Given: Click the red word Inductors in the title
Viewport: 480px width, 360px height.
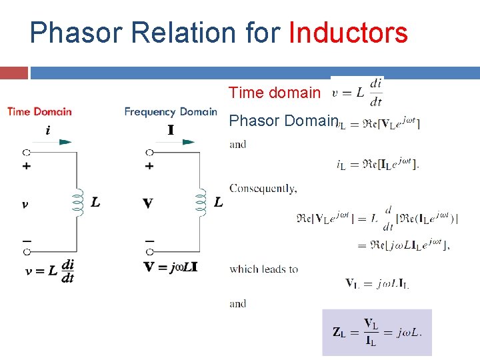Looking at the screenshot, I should point(347,32).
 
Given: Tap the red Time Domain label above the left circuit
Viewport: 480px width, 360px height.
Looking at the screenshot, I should point(39,111).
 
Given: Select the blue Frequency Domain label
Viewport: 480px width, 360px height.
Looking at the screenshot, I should point(171,111).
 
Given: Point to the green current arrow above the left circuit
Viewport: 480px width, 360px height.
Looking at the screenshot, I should point(65,141).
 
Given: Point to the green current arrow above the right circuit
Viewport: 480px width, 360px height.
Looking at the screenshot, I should point(189,141).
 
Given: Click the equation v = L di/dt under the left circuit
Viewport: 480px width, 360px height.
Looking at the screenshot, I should point(50,271).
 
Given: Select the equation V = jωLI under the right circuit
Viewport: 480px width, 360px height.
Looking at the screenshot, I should point(171,267).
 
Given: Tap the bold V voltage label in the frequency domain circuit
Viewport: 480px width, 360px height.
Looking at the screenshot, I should point(147,203).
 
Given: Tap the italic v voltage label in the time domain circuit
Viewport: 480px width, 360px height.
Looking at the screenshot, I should point(25,204).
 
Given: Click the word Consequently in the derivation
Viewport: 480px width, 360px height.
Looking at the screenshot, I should point(263,189).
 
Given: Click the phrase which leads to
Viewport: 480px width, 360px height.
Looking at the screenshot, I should point(263,269).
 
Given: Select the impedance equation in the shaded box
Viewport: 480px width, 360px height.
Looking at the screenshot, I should point(377,332).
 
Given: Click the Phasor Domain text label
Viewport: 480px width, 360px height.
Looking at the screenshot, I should point(283,121).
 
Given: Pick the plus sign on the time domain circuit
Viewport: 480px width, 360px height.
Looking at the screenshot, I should point(27,166).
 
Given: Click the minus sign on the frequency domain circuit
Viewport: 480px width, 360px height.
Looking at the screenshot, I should point(149,239).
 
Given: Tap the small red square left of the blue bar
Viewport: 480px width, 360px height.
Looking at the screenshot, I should point(13,73).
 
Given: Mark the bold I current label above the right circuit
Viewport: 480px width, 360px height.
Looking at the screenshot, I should point(171,129).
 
